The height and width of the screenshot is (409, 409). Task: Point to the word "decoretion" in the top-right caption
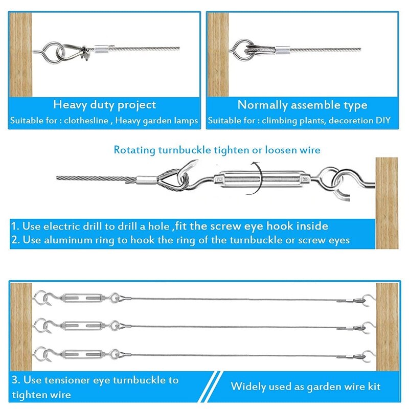(x=351, y=122)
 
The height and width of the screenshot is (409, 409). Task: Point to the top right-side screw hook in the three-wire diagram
(x=368, y=300)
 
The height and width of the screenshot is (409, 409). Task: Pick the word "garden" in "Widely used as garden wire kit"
(x=324, y=387)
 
